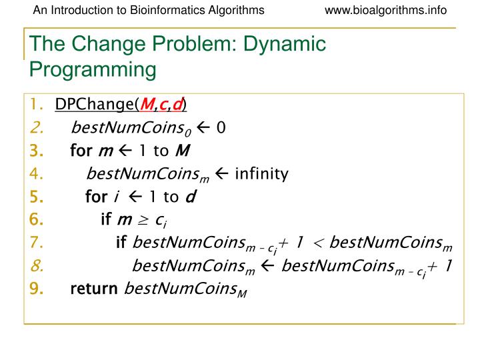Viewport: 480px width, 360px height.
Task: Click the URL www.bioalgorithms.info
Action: (x=385, y=10)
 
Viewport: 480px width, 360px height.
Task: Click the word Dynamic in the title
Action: (x=287, y=45)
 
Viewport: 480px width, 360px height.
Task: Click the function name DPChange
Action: (x=94, y=104)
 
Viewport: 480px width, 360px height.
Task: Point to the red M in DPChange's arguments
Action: (x=145, y=104)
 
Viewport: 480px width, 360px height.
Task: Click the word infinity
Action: (x=261, y=174)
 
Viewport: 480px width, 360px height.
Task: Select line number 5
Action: (x=36, y=197)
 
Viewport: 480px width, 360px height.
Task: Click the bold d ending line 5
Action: (x=190, y=197)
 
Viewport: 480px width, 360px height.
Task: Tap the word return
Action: (x=93, y=289)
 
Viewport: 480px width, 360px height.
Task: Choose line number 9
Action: (x=36, y=289)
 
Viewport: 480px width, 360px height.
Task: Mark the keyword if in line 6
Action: (x=106, y=220)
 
